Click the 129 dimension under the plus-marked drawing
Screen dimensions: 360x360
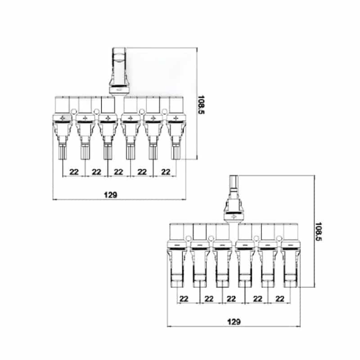[x=111, y=195]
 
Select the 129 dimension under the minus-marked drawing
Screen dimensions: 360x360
[x=234, y=322]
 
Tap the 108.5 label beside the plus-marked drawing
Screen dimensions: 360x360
[x=201, y=105]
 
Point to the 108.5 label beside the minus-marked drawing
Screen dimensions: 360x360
[x=319, y=232]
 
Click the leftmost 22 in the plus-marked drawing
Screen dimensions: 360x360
[x=74, y=172]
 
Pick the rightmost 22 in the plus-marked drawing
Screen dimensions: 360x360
[x=166, y=172]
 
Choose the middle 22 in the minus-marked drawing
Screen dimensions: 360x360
[x=231, y=299]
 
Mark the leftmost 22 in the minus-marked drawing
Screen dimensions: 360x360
[x=184, y=299]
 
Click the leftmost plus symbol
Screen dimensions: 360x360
[x=63, y=118]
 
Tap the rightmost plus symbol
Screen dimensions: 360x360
[x=176, y=118]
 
